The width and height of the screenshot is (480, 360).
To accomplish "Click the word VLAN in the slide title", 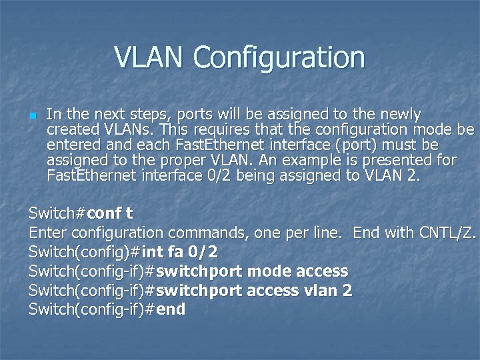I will tap(150, 57).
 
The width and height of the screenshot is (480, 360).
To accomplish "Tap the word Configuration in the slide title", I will tap(279, 57).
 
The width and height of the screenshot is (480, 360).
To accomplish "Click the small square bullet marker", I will tap(32, 115).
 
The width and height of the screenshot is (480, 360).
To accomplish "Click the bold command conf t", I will tap(110, 214).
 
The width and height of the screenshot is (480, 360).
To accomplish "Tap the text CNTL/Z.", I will tap(447, 233).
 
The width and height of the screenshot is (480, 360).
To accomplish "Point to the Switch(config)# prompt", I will tap(85, 252).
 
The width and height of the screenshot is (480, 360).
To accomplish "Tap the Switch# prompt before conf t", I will tap(57, 214).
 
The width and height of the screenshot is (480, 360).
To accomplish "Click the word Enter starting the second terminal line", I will tap(48, 233).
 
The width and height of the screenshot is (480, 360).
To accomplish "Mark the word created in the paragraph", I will tap(73, 129).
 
